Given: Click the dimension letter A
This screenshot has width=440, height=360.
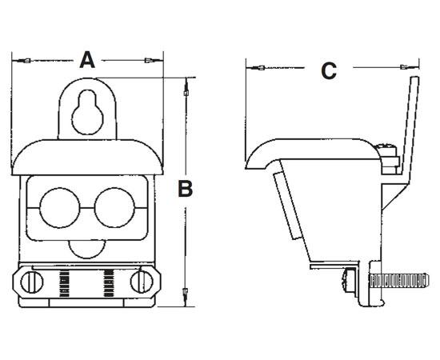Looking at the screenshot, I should pyautogui.click(x=87, y=59).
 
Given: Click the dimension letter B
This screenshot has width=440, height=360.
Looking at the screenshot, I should pyautogui.click(x=185, y=189).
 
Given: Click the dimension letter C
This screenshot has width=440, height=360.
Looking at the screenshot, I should pyautogui.click(x=329, y=70).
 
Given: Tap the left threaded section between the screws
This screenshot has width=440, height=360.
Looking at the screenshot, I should pyautogui.click(x=66, y=282).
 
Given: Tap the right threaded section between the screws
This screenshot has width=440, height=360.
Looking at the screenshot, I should pyautogui.click(x=106, y=282).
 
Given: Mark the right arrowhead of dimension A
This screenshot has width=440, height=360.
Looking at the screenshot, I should pyautogui.click(x=150, y=61).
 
